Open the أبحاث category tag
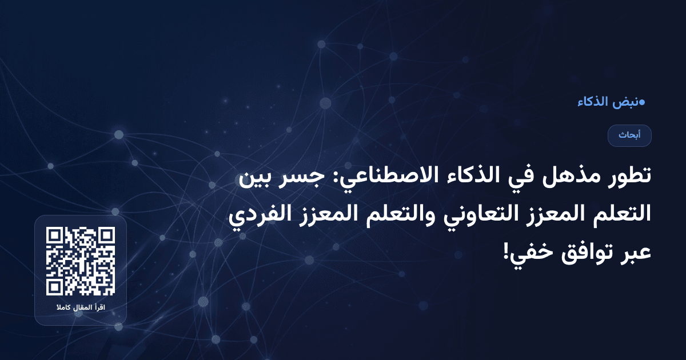pos(629,135)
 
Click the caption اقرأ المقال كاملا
pos(81,308)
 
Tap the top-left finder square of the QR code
pos(54,235)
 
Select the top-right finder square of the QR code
pos(107,235)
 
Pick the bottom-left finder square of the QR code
pos(54,287)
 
